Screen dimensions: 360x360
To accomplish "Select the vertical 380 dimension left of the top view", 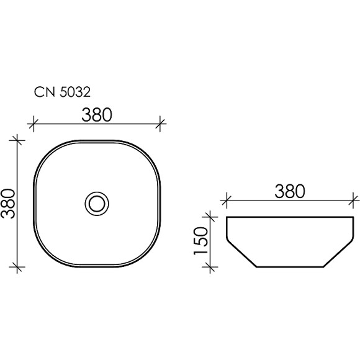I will [9, 203].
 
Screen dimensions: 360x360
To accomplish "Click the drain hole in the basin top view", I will [96, 203].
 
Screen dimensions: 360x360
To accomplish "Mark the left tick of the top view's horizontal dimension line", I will [32, 124].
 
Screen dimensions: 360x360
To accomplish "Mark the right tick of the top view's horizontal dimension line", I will [161, 124].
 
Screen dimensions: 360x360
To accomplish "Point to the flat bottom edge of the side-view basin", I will [290, 267].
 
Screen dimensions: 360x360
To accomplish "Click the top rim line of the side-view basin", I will [290, 217].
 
